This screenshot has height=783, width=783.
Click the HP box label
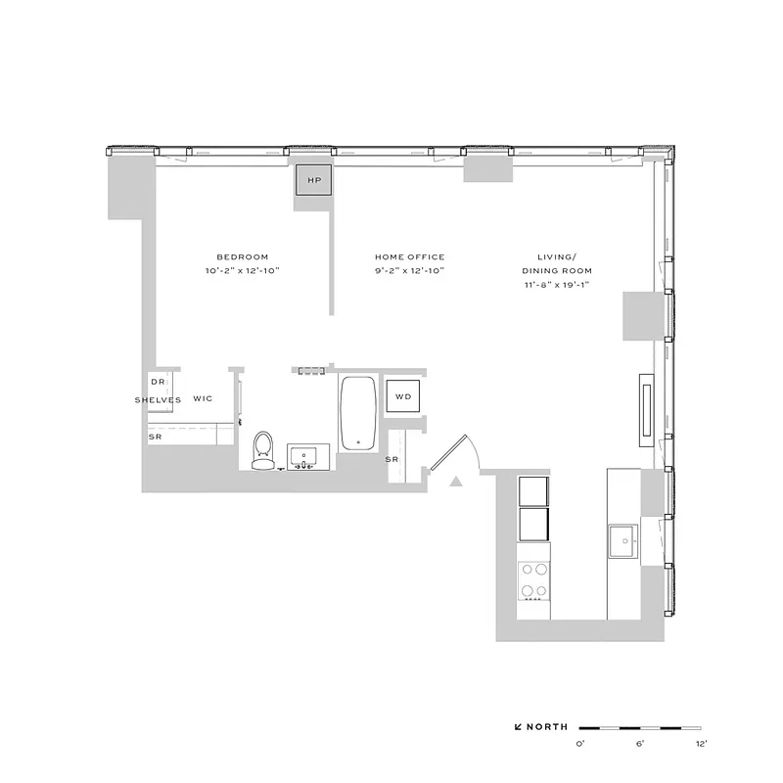314,181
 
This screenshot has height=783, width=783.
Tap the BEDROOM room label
243,256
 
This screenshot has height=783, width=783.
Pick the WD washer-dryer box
402,396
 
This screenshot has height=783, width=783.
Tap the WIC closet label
203,399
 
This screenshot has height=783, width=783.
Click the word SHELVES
158,399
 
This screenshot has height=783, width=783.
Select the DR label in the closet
157,382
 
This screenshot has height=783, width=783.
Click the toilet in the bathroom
262,450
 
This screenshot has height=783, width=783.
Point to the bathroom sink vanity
310,457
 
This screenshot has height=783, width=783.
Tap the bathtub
357,413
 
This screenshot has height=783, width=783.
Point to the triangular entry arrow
455,481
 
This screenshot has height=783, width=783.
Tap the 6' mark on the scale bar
640,745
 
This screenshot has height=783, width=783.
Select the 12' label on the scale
701,745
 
